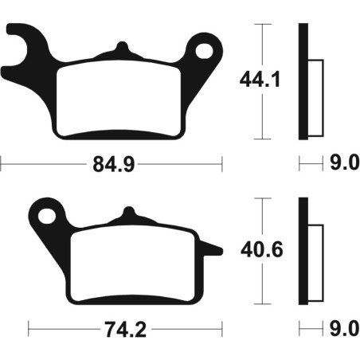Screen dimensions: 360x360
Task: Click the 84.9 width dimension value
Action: [x=114, y=164]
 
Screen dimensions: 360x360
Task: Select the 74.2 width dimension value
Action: [x=125, y=330]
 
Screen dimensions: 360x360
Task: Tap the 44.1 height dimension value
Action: [x=260, y=80]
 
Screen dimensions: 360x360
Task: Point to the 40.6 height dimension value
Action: [x=262, y=250]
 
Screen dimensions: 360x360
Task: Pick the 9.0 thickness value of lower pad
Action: [x=345, y=328]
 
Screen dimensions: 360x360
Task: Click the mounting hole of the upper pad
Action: [x=204, y=51]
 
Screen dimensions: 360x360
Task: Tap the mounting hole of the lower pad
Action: [x=47, y=216]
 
